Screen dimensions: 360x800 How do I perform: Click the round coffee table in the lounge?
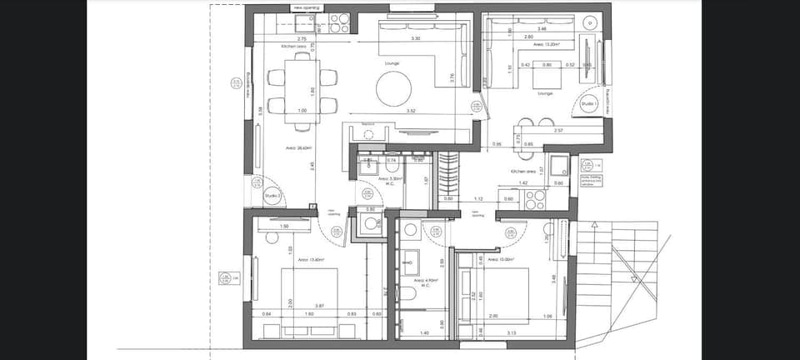[x=393, y=86]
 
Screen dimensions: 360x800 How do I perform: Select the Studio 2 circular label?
[x=271, y=197]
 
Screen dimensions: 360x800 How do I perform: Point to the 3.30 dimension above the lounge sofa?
[x=415, y=38]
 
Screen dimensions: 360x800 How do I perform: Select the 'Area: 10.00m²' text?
[x=497, y=259]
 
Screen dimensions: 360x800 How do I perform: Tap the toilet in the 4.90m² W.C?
[x=409, y=293]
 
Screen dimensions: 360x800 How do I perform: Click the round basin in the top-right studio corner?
[x=591, y=22]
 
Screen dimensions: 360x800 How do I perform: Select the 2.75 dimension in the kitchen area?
[x=302, y=38]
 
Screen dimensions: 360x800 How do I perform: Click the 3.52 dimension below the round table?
[x=411, y=111]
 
